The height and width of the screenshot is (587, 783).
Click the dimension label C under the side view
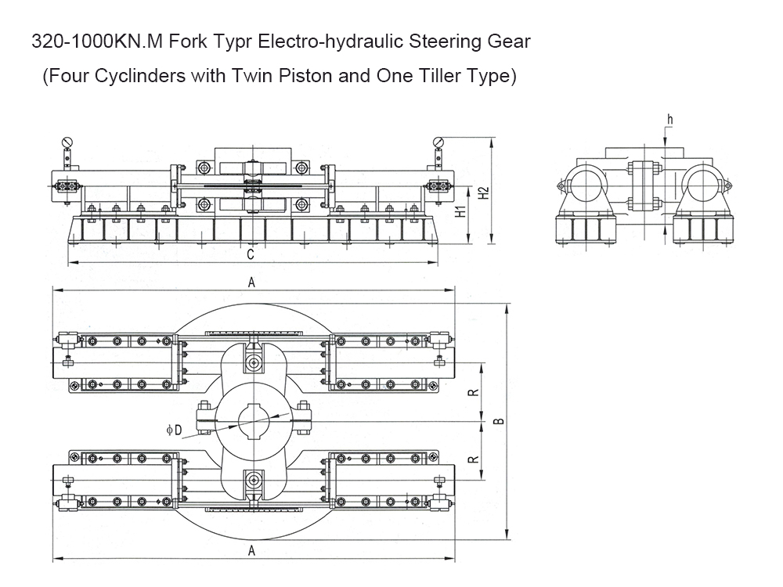tap(251, 254)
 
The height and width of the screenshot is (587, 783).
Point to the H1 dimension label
tap(461, 210)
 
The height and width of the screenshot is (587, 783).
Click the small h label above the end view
tap(670, 120)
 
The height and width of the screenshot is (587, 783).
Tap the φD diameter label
tap(174, 430)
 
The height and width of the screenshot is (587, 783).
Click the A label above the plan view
tap(252, 283)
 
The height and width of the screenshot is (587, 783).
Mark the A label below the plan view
tap(252, 550)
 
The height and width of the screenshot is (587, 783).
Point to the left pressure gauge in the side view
tap(67, 142)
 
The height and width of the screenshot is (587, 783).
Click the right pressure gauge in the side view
tap(438, 142)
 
